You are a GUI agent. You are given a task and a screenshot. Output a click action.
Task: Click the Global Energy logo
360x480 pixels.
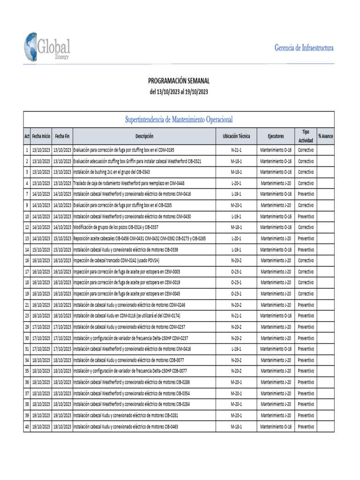[47, 47]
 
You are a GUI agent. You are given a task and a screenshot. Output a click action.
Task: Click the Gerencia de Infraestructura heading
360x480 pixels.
[304, 48]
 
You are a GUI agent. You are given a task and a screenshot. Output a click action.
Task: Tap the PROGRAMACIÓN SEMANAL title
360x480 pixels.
[179, 81]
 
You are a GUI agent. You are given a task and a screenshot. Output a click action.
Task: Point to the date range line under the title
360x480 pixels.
[179, 92]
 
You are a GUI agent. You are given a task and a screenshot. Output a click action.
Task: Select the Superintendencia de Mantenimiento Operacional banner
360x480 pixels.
[179, 120]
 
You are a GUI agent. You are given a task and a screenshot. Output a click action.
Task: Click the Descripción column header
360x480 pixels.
[144, 136]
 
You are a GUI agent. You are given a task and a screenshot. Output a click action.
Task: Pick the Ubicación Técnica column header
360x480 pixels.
[236, 136]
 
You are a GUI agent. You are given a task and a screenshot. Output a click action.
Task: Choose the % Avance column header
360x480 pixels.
[325, 136]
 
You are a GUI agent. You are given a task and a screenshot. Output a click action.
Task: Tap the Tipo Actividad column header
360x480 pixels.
[306, 136]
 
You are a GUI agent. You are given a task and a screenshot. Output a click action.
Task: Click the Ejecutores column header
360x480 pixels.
[276, 136]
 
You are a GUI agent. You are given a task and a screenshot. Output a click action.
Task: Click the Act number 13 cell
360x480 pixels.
[27, 239]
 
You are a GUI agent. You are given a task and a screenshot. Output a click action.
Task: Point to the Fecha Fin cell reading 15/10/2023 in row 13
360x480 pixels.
[62, 239]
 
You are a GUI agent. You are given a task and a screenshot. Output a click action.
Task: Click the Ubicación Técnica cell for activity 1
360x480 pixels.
[236, 150]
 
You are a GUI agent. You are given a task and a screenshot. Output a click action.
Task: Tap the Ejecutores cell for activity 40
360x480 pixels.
[276, 427]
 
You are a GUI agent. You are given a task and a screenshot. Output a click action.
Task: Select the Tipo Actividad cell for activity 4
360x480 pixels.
[306, 183]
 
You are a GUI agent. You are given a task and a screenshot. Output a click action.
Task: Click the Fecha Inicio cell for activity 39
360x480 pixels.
[41, 415]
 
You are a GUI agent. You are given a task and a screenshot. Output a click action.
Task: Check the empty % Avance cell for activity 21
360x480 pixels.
[325, 305]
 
